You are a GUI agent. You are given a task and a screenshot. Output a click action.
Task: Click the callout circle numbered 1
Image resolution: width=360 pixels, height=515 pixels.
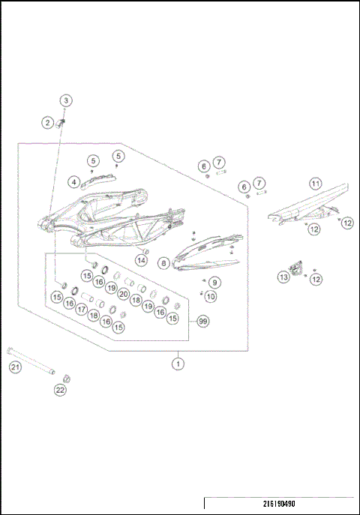178,364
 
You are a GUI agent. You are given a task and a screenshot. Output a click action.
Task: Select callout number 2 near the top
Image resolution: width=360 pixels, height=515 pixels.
48,122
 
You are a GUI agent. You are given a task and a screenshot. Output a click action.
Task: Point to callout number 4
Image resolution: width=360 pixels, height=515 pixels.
73,181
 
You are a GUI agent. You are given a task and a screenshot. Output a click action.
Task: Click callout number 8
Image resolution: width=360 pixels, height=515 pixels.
163,264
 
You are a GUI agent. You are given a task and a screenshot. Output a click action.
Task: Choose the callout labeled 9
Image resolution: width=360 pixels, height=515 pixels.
214,283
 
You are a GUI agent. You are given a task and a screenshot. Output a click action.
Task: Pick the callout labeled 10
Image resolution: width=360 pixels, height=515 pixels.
211,297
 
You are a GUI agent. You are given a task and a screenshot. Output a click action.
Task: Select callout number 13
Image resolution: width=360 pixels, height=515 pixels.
283,277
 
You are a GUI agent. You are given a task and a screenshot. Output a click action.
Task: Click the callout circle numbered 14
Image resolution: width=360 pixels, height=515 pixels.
141,260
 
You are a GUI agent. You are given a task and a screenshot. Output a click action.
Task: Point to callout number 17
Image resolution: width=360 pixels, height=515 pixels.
81,309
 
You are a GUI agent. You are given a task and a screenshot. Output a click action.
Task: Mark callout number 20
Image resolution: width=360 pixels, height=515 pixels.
124,293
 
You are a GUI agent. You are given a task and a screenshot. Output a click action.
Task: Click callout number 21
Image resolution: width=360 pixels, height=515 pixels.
14,367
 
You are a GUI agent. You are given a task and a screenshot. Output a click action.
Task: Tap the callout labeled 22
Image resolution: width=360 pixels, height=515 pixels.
60,390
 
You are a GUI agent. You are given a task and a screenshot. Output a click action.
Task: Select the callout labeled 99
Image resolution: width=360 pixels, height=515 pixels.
202,321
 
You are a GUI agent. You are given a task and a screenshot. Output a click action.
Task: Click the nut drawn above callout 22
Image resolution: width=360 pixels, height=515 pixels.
65,376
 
